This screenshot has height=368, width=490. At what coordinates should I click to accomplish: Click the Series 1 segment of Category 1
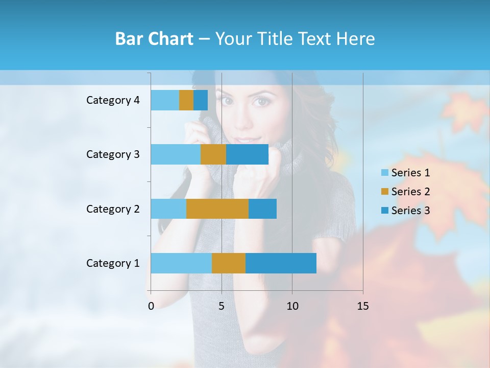(x=181, y=263)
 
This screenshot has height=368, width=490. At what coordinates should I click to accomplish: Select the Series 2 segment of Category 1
(x=229, y=263)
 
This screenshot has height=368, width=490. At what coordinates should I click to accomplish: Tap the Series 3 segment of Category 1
(x=281, y=263)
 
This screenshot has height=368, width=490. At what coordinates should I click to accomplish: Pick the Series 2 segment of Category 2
(x=217, y=209)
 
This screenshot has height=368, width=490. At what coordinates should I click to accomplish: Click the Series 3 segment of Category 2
(x=262, y=209)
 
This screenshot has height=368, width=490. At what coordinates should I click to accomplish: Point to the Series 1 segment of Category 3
(x=176, y=154)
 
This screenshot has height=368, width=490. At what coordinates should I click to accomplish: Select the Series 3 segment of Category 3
(x=247, y=154)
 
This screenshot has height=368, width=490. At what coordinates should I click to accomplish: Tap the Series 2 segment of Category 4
(x=186, y=100)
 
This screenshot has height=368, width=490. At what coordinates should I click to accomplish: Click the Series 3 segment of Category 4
(x=201, y=100)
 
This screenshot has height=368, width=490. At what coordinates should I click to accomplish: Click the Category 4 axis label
(x=113, y=100)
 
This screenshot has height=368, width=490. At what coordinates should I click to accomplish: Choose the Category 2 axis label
(x=113, y=209)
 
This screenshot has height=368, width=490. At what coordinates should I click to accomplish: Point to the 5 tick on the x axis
(x=222, y=306)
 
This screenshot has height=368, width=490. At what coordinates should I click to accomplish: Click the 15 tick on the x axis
(x=362, y=306)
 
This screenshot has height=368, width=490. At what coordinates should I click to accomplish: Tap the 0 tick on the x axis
(x=151, y=306)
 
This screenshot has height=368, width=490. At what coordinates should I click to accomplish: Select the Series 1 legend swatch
(x=384, y=173)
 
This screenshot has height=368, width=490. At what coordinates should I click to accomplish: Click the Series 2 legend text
(x=410, y=192)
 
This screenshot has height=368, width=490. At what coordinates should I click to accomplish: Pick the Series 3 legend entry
(x=405, y=211)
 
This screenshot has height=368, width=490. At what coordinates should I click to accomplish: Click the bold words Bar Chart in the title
(x=154, y=39)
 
